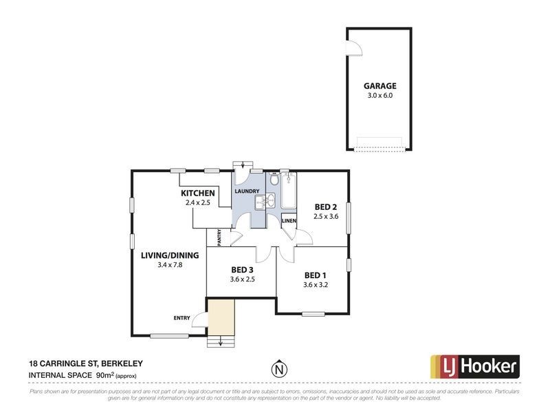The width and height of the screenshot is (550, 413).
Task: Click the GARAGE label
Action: (379, 86)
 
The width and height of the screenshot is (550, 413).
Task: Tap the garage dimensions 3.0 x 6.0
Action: (379, 96)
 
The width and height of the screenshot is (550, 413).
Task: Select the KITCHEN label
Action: (198, 193)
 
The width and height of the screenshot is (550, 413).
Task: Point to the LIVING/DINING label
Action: (169, 255)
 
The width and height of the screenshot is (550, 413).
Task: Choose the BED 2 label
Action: (325, 206)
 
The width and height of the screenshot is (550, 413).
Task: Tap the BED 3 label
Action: (242, 269)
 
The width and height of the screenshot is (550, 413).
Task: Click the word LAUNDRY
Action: (247, 191)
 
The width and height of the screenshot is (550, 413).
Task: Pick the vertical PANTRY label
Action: (219, 237)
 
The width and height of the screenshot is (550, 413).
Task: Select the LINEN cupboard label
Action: (289, 221)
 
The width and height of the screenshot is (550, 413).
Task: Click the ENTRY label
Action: (181, 317)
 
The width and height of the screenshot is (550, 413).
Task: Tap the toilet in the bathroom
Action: (274, 181)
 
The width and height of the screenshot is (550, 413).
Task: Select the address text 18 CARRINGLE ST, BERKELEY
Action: (85, 363)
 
